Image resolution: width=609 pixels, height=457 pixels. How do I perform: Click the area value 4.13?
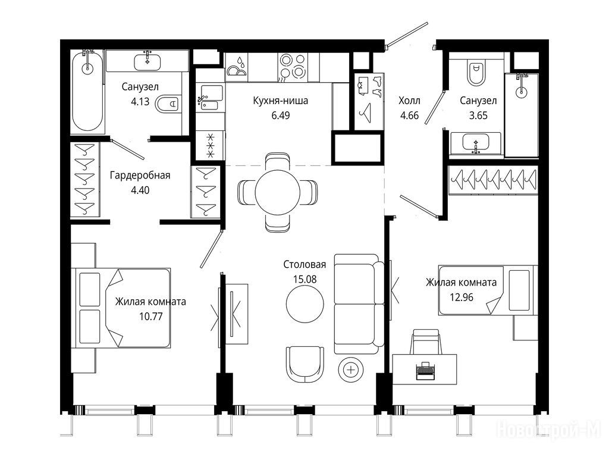[x=140, y=102]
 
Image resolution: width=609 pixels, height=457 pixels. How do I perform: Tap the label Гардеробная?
[x=140, y=176]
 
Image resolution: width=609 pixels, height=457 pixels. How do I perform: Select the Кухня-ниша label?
[x=281, y=101]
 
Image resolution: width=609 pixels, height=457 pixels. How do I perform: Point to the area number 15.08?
[x=305, y=279]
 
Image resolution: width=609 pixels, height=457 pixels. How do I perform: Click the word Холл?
[x=409, y=101]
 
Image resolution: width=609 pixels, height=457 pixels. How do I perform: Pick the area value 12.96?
[x=462, y=298]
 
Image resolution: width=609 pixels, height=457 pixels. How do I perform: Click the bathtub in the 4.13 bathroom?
[x=87, y=90]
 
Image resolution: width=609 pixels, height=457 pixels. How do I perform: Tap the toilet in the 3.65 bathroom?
[x=476, y=72]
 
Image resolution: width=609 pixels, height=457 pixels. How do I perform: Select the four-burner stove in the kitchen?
[x=293, y=67]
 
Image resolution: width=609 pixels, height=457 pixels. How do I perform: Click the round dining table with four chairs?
[x=277, y=192]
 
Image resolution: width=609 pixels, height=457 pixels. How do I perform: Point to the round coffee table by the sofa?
[x=305, y=304]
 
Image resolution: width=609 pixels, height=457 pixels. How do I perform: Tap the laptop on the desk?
[x=425, y=370]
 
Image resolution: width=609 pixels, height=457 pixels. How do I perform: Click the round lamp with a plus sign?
[x=351, y=370]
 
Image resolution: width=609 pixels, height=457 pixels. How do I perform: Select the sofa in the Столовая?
[x=359, y=304]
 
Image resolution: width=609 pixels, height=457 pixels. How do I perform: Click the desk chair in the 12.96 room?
[x=426, y=342]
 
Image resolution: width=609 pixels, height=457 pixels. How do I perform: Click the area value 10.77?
[x=151, y=317]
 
